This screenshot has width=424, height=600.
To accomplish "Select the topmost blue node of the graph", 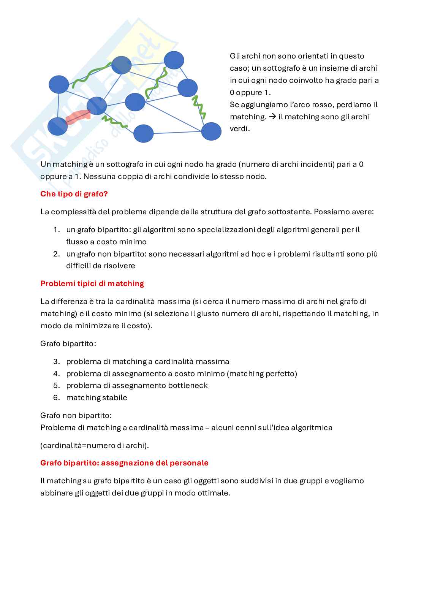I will tap(174, 60).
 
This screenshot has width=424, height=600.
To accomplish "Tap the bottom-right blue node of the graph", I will tap(211, 131).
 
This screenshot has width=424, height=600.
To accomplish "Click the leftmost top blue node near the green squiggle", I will tap(59, 84).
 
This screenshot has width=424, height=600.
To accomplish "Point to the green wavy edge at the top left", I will tap(92, 74).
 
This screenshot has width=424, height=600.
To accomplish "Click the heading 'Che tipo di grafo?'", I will tap(74, 194).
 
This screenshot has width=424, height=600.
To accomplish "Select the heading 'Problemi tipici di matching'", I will tap(92, 283).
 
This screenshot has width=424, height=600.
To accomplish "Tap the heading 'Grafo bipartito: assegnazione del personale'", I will tap(124, 463).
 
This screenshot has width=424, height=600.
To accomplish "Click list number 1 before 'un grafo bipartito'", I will tap(56, 230).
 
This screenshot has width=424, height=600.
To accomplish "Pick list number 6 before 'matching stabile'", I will tap(56, 397).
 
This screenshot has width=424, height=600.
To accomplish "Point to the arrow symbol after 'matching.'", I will tap(272, 117).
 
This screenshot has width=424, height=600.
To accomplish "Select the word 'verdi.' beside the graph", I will tap(240, 128).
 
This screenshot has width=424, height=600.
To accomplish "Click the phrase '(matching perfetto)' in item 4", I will tap(262, 374).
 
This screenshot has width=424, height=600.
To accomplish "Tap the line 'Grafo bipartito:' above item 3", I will tap(68, 344).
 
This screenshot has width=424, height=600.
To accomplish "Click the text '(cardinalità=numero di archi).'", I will tap(94, 445).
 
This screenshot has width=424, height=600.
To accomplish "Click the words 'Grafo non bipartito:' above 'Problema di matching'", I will tap(76, 415).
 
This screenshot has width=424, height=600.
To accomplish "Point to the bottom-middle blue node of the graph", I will tap(144, 133).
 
